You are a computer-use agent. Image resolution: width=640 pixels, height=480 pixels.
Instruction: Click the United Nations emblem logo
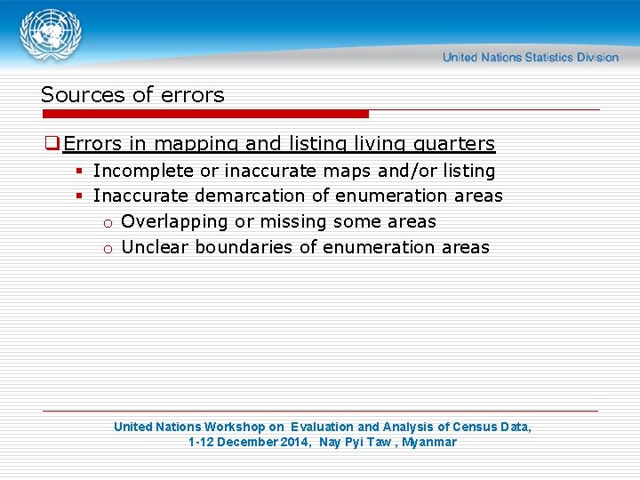[x=52, y=36]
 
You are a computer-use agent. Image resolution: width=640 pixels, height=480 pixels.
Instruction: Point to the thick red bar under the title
[x=204, y=114]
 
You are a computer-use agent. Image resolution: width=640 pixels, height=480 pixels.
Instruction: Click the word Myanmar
[x=429, y=442]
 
